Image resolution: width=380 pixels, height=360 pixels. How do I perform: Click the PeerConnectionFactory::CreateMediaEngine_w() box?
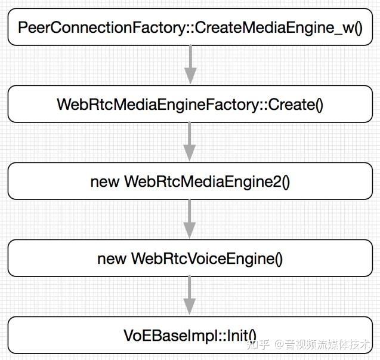tap(190, 27)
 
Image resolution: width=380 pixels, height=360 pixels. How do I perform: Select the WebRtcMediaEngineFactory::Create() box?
tap(190, 104)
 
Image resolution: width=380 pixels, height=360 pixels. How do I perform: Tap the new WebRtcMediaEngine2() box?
tap(190, 181)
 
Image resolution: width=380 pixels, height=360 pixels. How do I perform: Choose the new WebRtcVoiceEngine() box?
tap(190, 259)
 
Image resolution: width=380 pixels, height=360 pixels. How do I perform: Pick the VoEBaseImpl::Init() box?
tap(190, 335)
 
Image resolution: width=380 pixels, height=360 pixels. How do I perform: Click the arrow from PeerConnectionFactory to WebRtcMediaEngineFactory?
tap(190, 65)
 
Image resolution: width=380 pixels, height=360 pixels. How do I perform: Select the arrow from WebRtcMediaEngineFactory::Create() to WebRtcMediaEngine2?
tap(190, 142)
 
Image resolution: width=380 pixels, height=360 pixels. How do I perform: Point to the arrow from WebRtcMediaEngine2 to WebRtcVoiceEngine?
tap(190, 219)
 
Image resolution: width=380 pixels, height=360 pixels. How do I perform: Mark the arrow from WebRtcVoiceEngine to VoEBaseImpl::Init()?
tap(190, 296)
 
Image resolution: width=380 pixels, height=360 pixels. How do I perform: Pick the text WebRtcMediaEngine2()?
tap(206, 181)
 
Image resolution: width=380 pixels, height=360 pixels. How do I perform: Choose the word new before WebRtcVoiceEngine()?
tap(112, 259)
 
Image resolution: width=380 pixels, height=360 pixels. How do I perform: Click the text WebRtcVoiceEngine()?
tap(206, 259)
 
